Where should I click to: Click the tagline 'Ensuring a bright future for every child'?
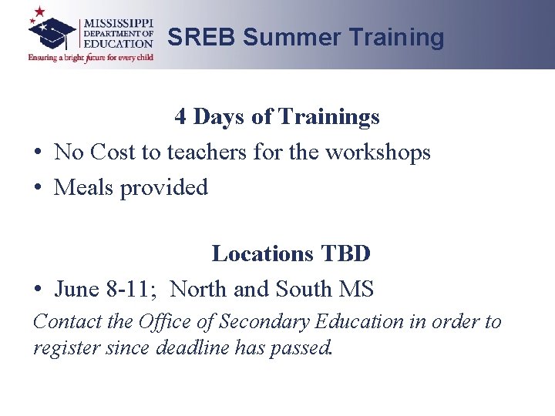tap(91, 57)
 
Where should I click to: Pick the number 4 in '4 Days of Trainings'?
tap(180, 116)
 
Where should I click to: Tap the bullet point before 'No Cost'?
tap(38, 153)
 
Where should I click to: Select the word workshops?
tap(378, 153)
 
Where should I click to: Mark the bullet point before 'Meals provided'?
tap(38, 187)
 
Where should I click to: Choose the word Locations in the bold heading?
tap(263, 253)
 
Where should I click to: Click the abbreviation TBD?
tap(346, 253)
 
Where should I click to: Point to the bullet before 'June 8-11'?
tap(38, 289)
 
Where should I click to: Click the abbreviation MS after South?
tap(355, 289)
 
